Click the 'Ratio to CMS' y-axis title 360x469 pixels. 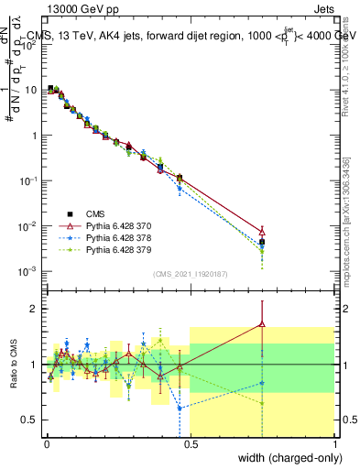coord(13,377)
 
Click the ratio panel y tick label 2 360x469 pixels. coord(35,309)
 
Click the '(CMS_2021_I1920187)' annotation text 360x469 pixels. coord(190,273)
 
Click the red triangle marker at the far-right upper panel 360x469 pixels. coord(262,232)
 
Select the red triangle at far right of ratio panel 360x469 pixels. coord(262,323)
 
